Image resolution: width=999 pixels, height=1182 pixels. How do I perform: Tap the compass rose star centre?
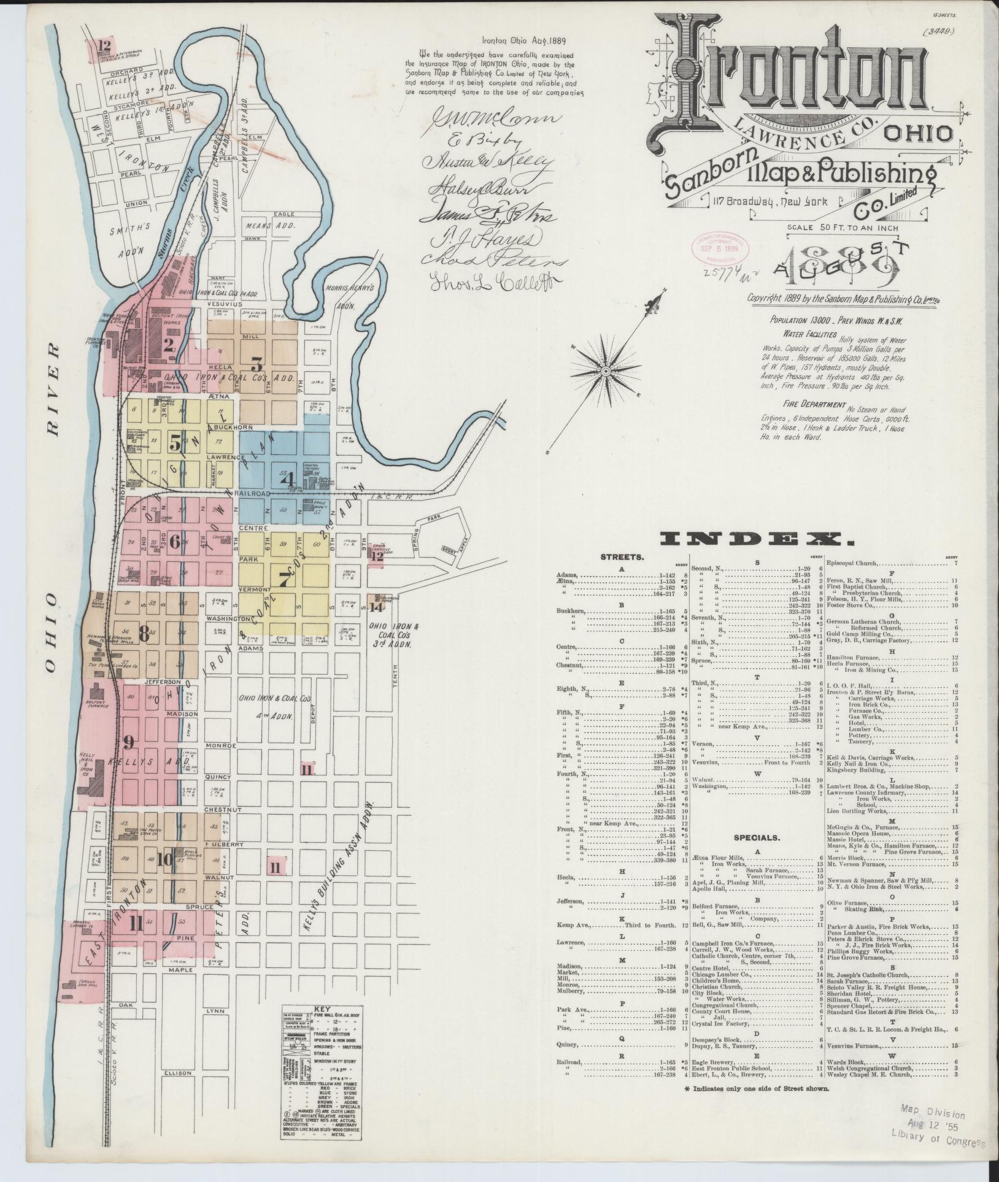(605, 371)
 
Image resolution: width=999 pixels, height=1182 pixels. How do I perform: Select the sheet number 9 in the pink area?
(128, 743)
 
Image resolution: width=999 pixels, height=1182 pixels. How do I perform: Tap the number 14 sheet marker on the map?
(376, 607)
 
